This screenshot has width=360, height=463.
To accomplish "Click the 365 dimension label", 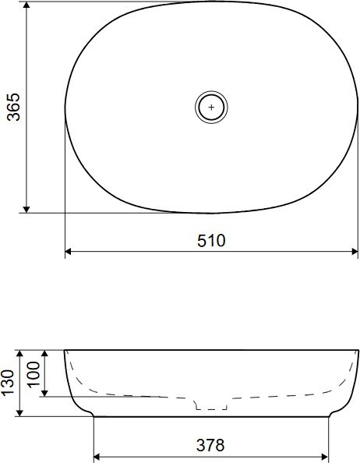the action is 13,107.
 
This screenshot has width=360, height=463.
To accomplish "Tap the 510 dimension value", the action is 211,240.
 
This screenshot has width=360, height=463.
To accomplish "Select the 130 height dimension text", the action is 7,382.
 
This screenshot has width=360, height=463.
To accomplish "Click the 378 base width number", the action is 210,445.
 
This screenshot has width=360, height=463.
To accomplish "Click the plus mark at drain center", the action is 211,108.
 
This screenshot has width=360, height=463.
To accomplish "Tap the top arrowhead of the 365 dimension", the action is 26,5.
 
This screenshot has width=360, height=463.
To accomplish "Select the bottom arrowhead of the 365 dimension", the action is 26,209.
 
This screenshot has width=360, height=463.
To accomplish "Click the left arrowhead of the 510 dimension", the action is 69,252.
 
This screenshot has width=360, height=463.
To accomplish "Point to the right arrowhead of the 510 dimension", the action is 355,252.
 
